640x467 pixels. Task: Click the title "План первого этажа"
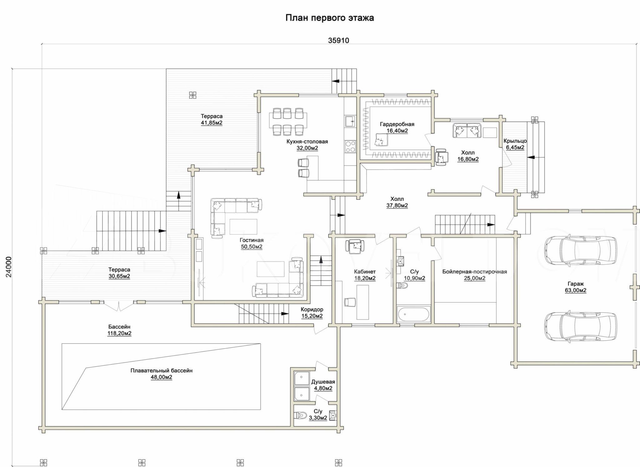click(x=330, y=18)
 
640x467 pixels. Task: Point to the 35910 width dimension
click(x=338, y=41)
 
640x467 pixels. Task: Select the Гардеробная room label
click(x=397, y=124)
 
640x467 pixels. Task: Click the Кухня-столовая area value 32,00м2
click(x=307, y=148)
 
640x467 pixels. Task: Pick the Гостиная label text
click(x=252, y=240)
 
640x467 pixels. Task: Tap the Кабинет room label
click(x=365, y=272)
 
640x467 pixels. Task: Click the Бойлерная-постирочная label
click(x=474, y=272)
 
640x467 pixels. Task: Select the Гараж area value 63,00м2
click(x=575, y=291)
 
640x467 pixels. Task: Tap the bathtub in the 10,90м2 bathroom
click(x=413, y=314)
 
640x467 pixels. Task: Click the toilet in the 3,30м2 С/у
click(x=300, y=415)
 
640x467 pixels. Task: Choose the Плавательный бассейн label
click(x=161, y=371)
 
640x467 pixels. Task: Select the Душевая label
click(x=323, y=382)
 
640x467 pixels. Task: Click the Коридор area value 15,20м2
click(x=312, y=316)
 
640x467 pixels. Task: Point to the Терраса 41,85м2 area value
click(x=212, y=123)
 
